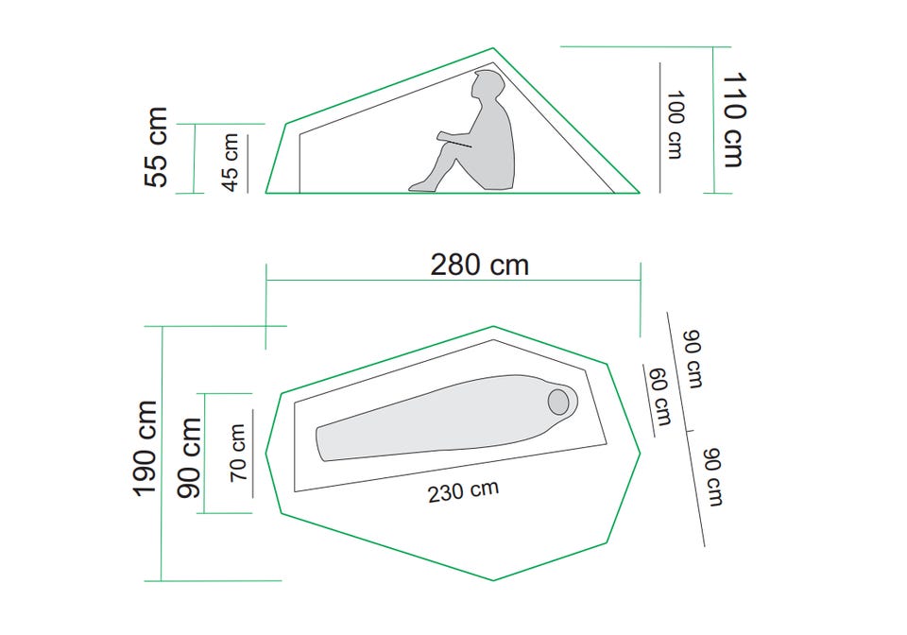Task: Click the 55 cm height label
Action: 156,146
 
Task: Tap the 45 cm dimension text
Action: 231,162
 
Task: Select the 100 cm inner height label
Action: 675,125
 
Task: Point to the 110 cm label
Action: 733,120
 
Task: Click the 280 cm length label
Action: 480,265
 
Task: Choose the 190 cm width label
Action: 145,448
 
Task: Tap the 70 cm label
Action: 238,453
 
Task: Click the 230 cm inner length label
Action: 463,492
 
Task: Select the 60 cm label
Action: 660,397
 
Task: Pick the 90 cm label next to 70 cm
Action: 189,458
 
